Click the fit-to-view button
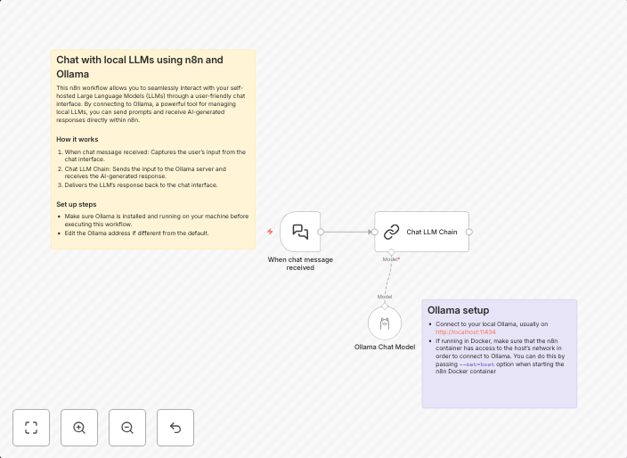pyautogui.click(x=31, y=428)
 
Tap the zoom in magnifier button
pyautogui.click(x=79, y=428)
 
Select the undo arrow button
pyautogui.click(x=175, y=428)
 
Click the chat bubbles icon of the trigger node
pyautogui.click(x=300, y=232)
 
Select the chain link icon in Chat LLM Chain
pyautogui.click(x=391, y=232)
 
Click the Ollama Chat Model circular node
pyautogui.click(x=385, y=323)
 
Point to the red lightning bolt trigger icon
pyautogui.click(x=270, y=232)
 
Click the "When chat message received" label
pyautogui.click(x=300, y=264)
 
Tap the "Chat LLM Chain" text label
pyautogui.click(x=432, y=232)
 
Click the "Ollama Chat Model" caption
pyautogui.click(x=385, y=348)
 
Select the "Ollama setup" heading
pyautogui.click(x=458, y=310)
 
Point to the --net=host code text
pyautogui.click(x=476, y=364)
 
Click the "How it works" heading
pyautogui.click(x=77, y=139)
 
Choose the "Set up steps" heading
pyautogui.click(x=77, y=204)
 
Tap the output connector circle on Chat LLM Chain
pyautogui.click(x=469, y=232)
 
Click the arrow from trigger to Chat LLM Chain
pyautogui.click(x=347, y=232)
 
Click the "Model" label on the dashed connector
pyautogui.click(x=385, y=297)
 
